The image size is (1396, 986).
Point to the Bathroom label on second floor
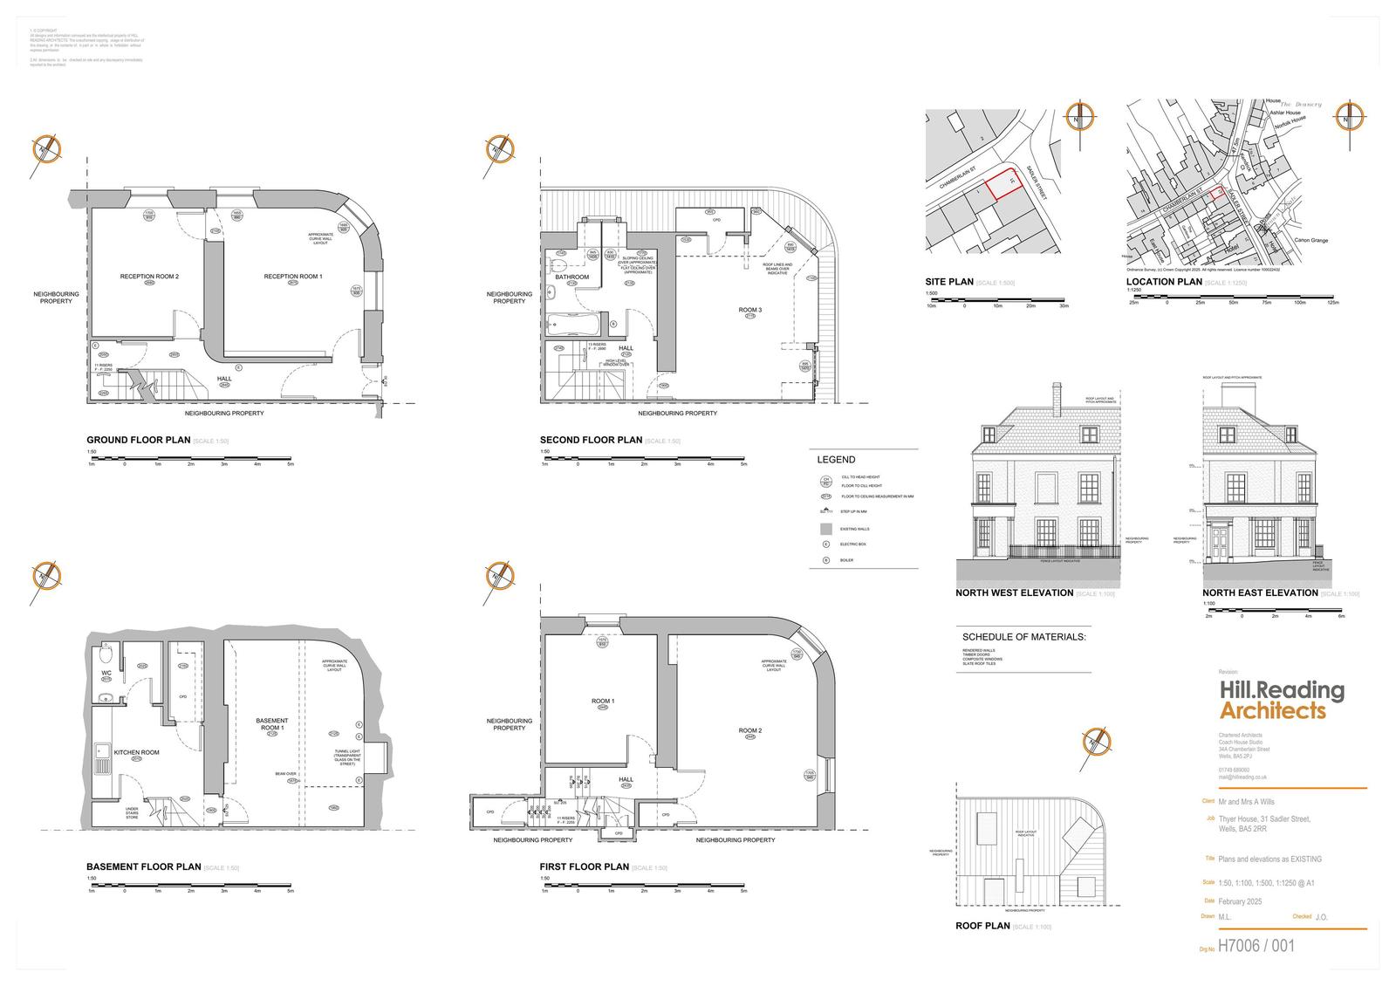571,277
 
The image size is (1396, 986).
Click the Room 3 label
749,310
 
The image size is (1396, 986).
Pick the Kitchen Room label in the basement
136,752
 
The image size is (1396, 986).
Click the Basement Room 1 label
271,724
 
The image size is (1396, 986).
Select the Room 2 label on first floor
750,730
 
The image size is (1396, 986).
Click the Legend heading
836,460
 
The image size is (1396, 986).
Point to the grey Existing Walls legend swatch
825,529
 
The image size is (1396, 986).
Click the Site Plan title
949,282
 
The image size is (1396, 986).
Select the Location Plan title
1163,282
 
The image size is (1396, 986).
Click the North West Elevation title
1014,593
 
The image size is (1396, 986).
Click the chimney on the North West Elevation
1057,398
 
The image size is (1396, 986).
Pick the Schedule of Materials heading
1023,637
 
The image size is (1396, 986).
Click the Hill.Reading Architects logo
1281,701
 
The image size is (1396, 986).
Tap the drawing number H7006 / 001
1256,946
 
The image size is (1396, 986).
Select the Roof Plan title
982,926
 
